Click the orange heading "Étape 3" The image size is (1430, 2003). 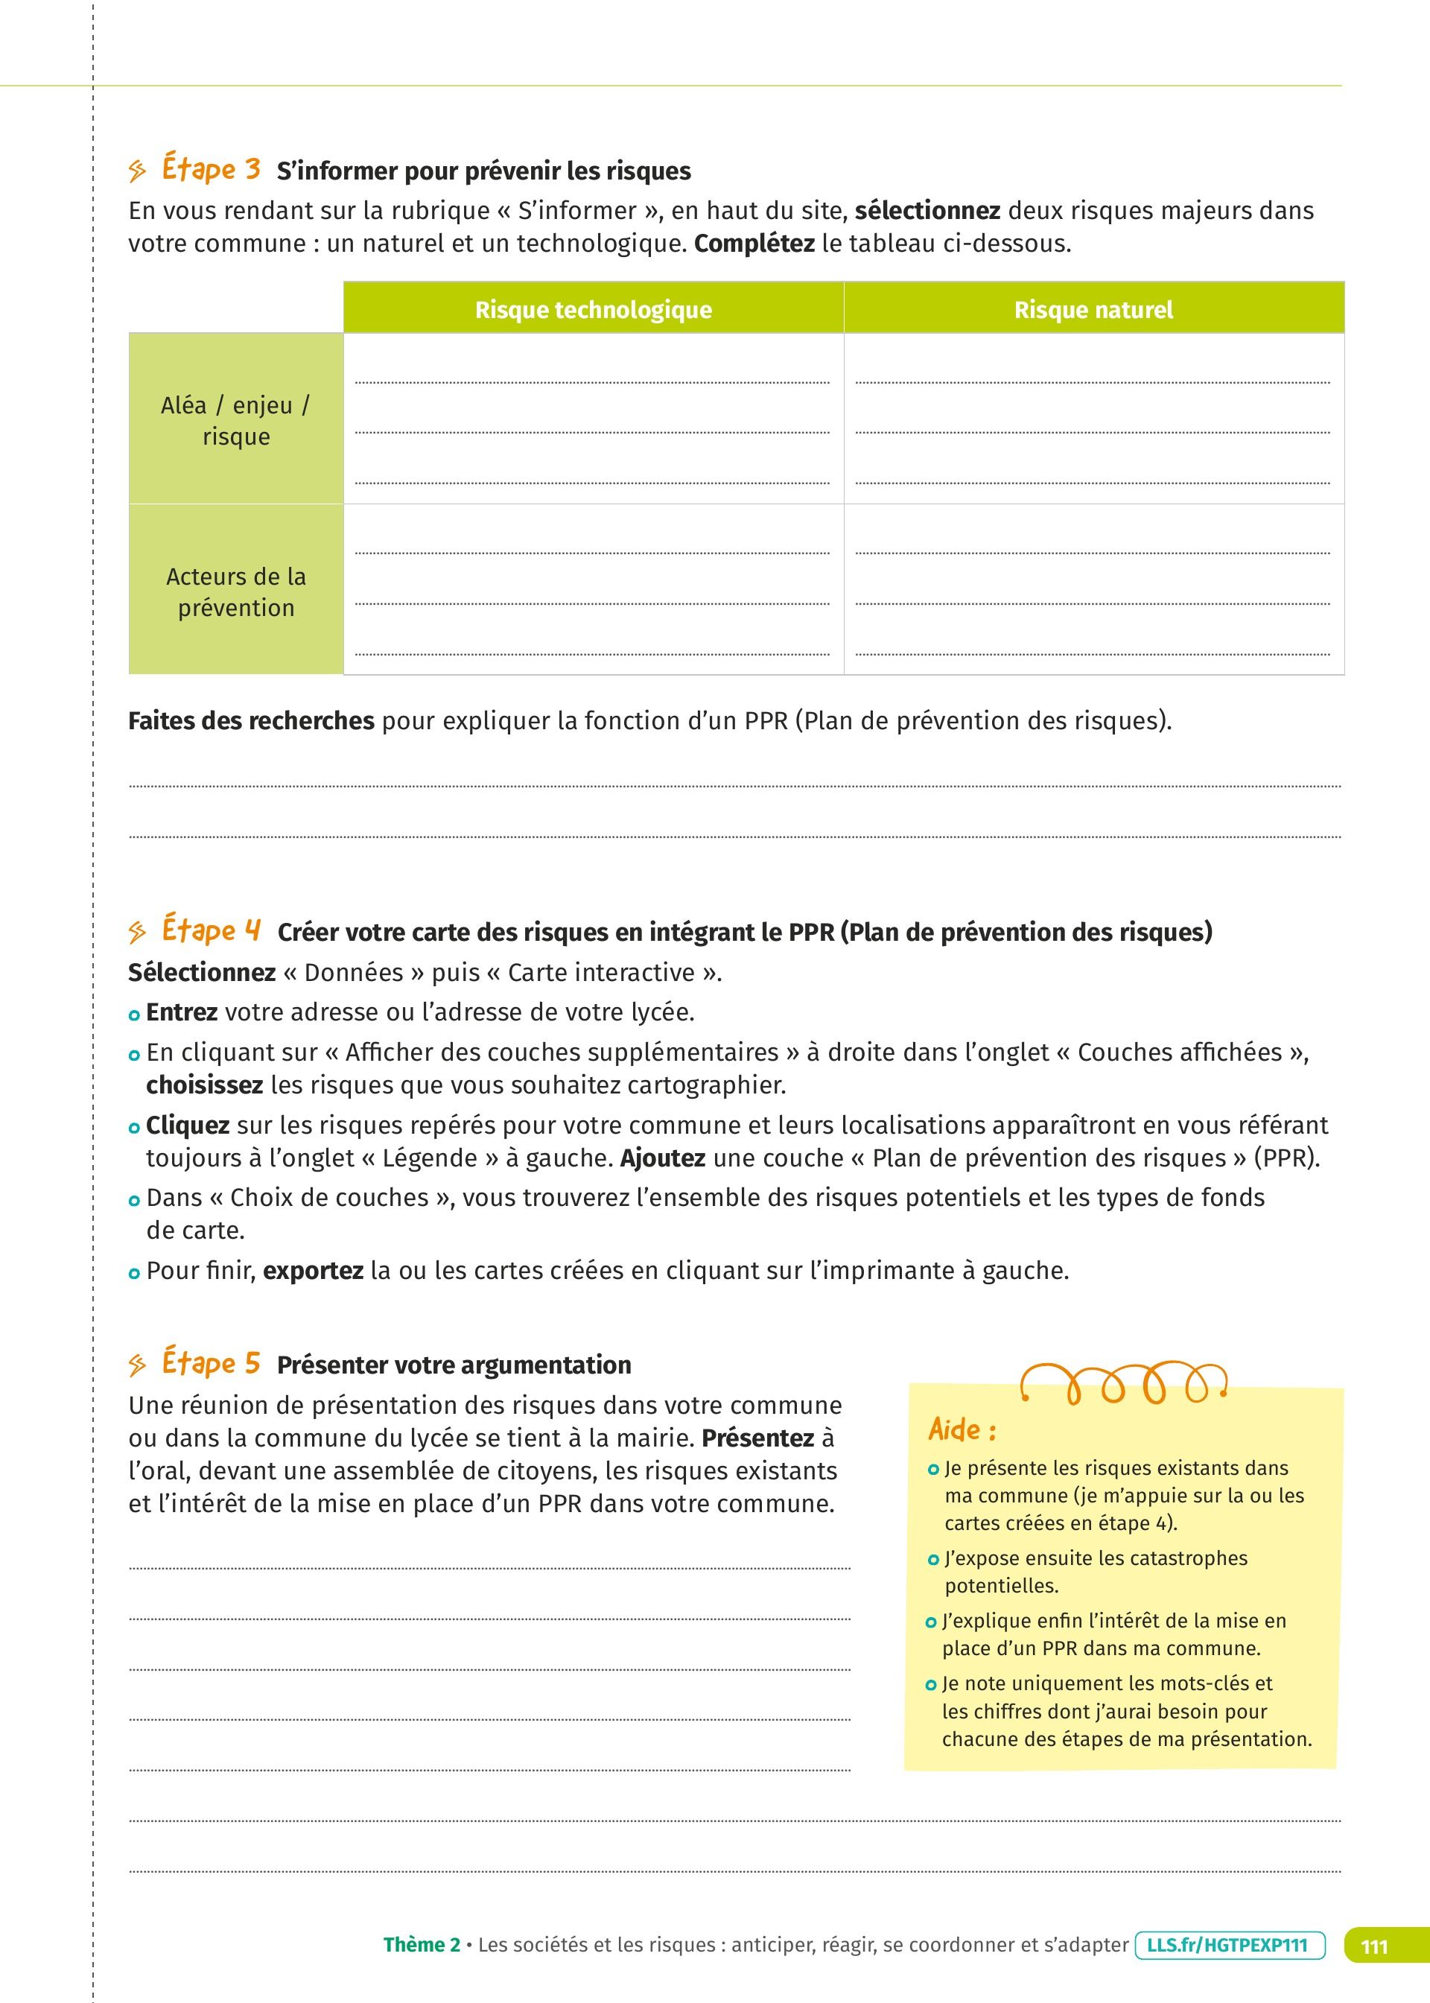point(212,169)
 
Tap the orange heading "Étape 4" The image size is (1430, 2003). point(212,930)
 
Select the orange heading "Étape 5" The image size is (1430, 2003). point(212,1364)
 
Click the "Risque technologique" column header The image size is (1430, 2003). point(594,310)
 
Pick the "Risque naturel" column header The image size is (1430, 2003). point(1093,310)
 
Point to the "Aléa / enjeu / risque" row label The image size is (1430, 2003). point(235,421)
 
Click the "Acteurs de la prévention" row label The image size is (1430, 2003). point(235,591)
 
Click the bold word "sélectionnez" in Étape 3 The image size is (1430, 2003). point(927,210)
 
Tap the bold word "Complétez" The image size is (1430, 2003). point(754,244)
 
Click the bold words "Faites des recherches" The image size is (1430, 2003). point(251,721)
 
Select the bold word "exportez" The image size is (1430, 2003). point(313,1271)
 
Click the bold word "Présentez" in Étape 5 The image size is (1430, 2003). point(757,1438)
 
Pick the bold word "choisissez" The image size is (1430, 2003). point(204,1085)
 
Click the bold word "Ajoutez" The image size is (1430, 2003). point(662,1158)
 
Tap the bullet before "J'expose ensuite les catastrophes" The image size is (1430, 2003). point(933,1559)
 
